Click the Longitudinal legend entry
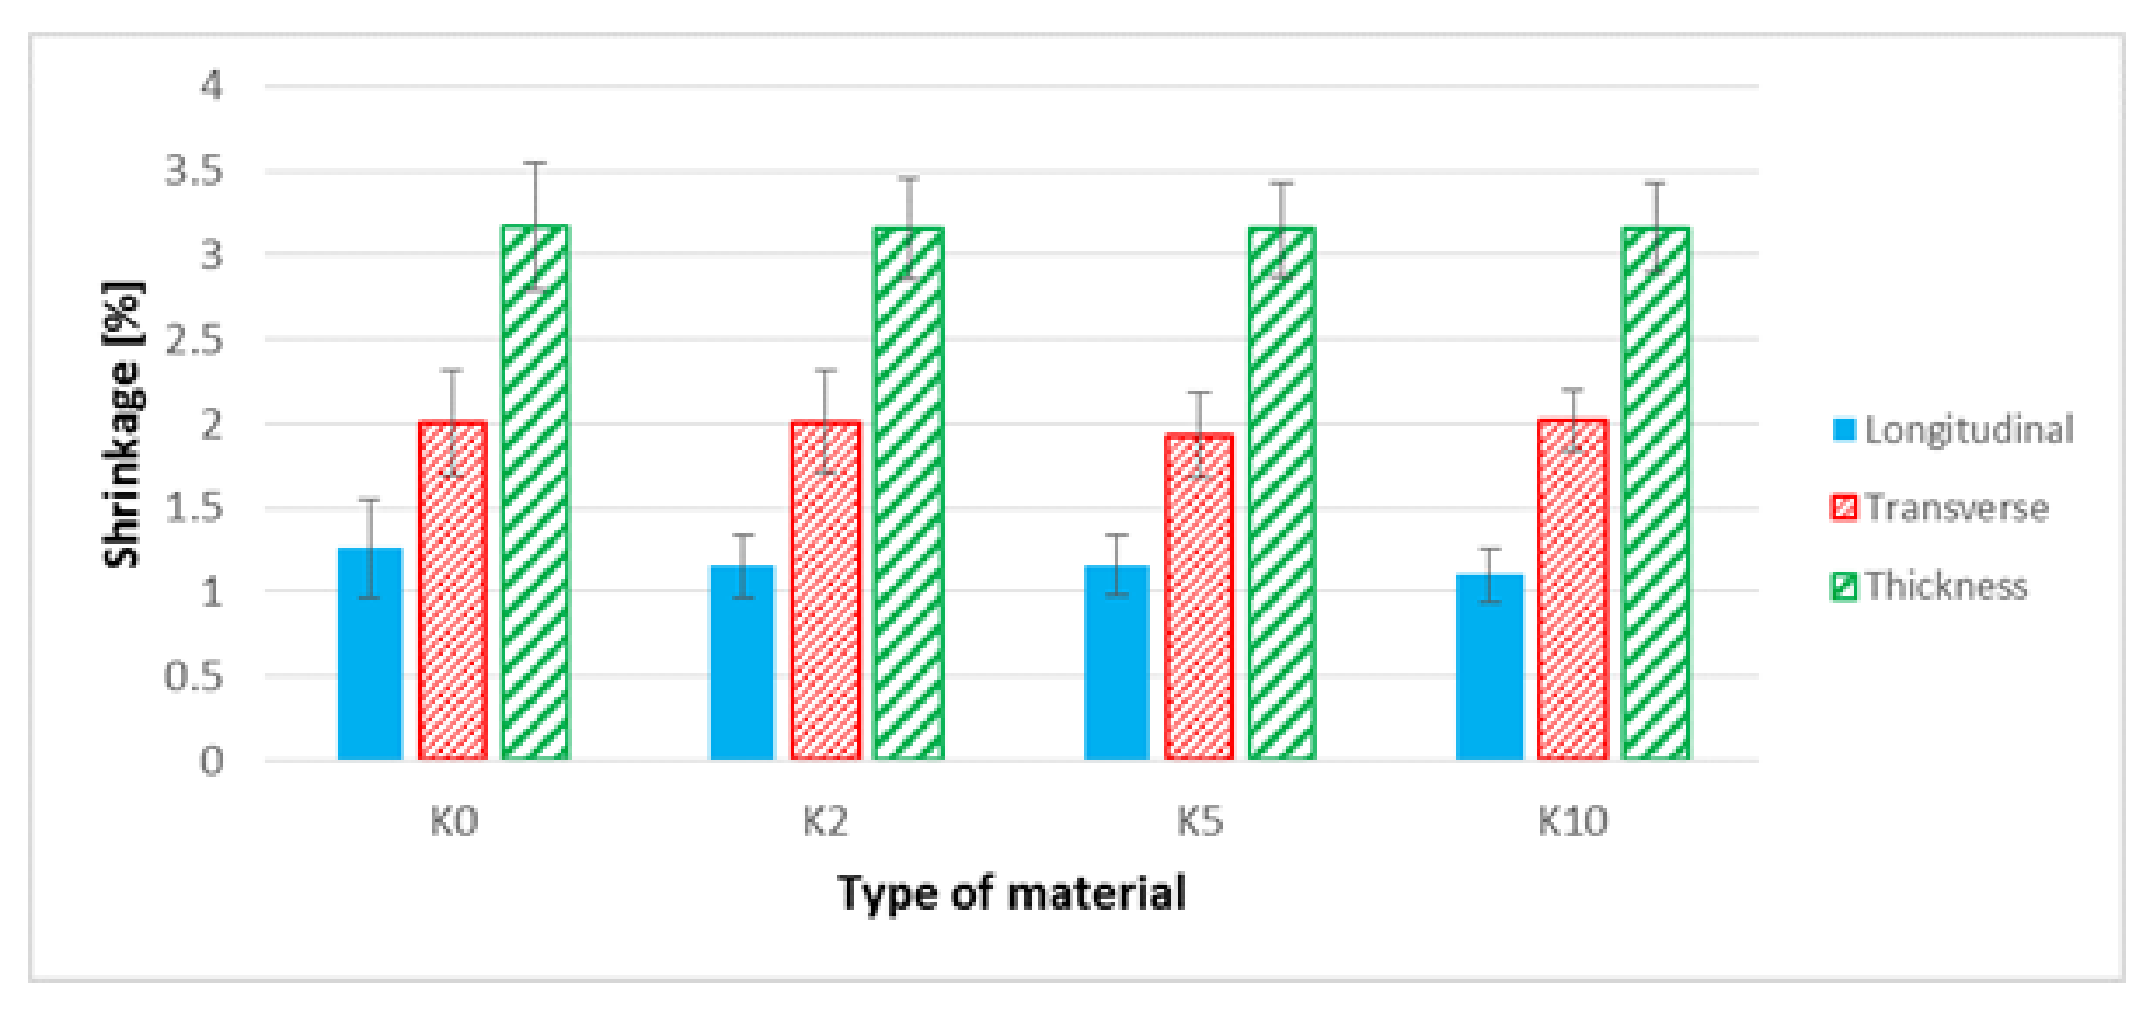1953,430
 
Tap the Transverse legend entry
1940,507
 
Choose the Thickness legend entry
1929,586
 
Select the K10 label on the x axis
1572,821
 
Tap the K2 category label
825,821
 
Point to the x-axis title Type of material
1012,893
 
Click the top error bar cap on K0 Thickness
535,163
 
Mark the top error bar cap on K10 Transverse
1572,390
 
